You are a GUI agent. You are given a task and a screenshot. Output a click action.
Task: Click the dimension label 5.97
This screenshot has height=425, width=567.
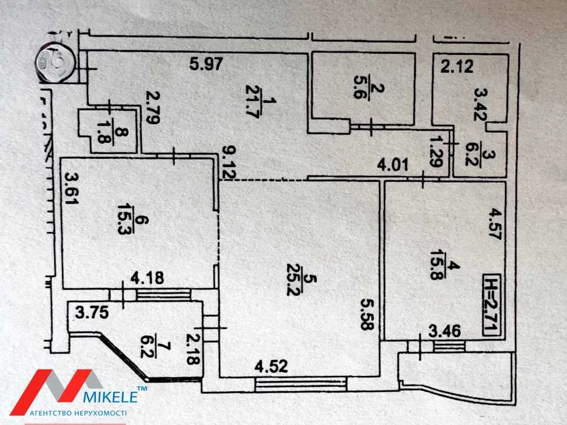206,64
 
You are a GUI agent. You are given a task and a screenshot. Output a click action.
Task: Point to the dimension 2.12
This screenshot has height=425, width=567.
457,67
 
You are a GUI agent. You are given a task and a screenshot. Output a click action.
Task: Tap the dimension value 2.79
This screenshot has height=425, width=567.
154,107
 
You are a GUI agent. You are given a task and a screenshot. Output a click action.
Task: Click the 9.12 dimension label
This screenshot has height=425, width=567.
228,162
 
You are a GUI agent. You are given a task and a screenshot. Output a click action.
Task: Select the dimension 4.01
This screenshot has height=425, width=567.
393,165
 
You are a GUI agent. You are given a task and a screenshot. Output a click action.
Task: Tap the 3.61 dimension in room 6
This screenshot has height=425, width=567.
71,188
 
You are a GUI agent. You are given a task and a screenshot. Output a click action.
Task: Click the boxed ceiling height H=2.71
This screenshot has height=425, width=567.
491,306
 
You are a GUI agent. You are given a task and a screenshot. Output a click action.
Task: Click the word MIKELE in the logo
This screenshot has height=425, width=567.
110,397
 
